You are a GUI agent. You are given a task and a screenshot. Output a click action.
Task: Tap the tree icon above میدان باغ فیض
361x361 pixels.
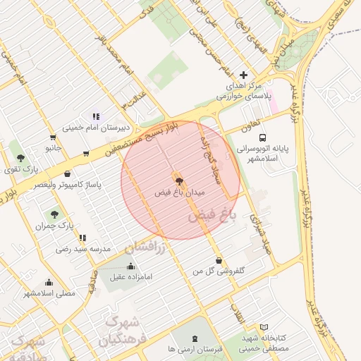178,180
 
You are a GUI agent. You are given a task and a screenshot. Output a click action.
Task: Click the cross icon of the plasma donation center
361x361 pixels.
244,75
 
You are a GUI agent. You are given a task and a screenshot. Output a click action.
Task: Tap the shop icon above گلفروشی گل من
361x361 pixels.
218,260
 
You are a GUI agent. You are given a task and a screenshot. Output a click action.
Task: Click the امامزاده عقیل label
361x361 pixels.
130,276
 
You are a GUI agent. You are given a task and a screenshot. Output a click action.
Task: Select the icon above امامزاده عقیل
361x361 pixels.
130,266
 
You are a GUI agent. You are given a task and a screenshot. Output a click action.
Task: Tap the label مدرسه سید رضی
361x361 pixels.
82,250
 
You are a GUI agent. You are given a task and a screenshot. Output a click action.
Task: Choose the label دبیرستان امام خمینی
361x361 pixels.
94,128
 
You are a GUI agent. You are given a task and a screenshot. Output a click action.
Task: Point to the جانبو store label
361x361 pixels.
54,148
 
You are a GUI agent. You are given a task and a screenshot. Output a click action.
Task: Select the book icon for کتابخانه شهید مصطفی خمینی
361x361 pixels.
264,328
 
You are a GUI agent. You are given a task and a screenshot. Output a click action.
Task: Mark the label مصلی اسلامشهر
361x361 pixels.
49,293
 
